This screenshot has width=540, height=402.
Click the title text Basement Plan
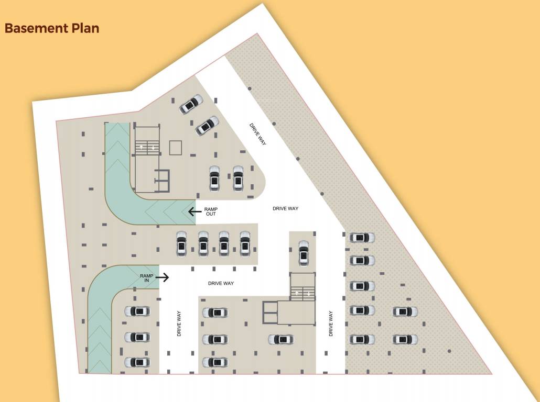point(52,28)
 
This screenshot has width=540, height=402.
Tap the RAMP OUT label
point(211,211)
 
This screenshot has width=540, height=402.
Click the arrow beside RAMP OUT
point(195,211)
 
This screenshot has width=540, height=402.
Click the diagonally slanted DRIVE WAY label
point(258,134)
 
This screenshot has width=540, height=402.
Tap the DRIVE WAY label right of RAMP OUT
point(285,209)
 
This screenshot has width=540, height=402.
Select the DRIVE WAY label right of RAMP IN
point(221,283)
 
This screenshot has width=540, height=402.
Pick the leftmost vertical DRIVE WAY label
point(179,323)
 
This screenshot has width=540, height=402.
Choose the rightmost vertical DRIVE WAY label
point(331,323)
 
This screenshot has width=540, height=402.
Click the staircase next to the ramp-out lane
point(147,147)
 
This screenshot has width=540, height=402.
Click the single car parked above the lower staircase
point(304,253)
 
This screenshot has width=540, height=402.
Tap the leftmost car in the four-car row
point(182,243)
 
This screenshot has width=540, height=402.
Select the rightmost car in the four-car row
point(245,243)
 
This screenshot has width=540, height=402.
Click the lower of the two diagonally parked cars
point(207,125)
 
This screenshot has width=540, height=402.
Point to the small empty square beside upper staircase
point(175,148)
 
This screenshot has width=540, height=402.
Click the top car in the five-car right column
point(362,238)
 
